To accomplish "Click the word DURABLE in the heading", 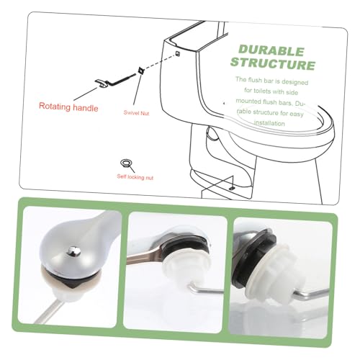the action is click(271, 50).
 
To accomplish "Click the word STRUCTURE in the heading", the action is click(273, 64).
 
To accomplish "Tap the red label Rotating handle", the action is click(68, 107).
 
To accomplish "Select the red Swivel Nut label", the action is click(136, 112).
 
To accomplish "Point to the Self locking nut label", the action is click(135, 177).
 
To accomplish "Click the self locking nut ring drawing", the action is click(125, 163).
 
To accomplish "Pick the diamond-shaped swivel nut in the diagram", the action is click(140, 71).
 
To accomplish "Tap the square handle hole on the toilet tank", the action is click(178, 53).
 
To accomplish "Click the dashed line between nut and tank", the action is click(159, 62).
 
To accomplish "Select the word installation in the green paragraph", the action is click(269, 123).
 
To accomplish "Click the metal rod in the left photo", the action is click(49, 311).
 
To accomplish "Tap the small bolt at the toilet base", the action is click(232, 188).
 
